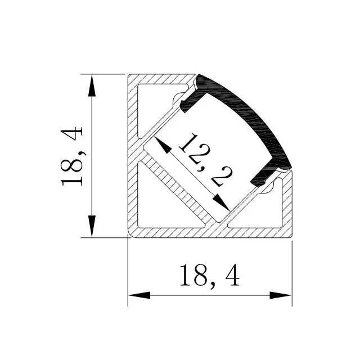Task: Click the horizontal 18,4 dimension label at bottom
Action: (210, 276)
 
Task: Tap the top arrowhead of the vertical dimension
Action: (92, 85)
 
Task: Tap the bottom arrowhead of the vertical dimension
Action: (92, 226)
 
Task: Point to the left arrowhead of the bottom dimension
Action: (139, 295)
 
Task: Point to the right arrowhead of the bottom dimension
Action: (281, 295)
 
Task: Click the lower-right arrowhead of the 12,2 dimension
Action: (221, 202)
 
